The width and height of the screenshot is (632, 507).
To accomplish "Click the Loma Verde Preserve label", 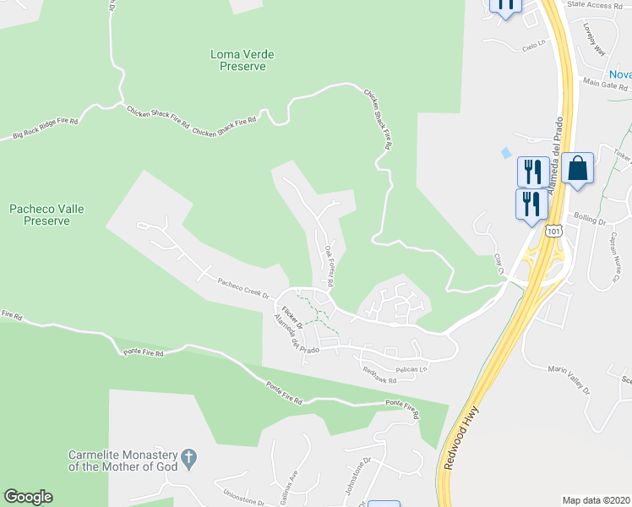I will tap(242, 60).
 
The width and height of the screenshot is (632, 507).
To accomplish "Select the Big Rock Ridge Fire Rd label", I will tap(45, 128).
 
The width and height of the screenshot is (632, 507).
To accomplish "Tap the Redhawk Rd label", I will tap(379, 373).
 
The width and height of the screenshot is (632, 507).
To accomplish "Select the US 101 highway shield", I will tap(553, 231).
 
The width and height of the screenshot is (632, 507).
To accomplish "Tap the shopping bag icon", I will tap(578, 168).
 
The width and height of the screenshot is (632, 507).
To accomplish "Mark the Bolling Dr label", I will tap(591, 221).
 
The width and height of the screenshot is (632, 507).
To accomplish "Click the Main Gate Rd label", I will tap(606, 84).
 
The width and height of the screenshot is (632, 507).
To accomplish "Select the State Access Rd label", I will tap(594, 5).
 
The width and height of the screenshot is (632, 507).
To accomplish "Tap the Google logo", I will tap(28, 497).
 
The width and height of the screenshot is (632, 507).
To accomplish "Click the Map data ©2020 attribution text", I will tap(596, 499).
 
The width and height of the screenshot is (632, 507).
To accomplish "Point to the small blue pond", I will tap(505, 153).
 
